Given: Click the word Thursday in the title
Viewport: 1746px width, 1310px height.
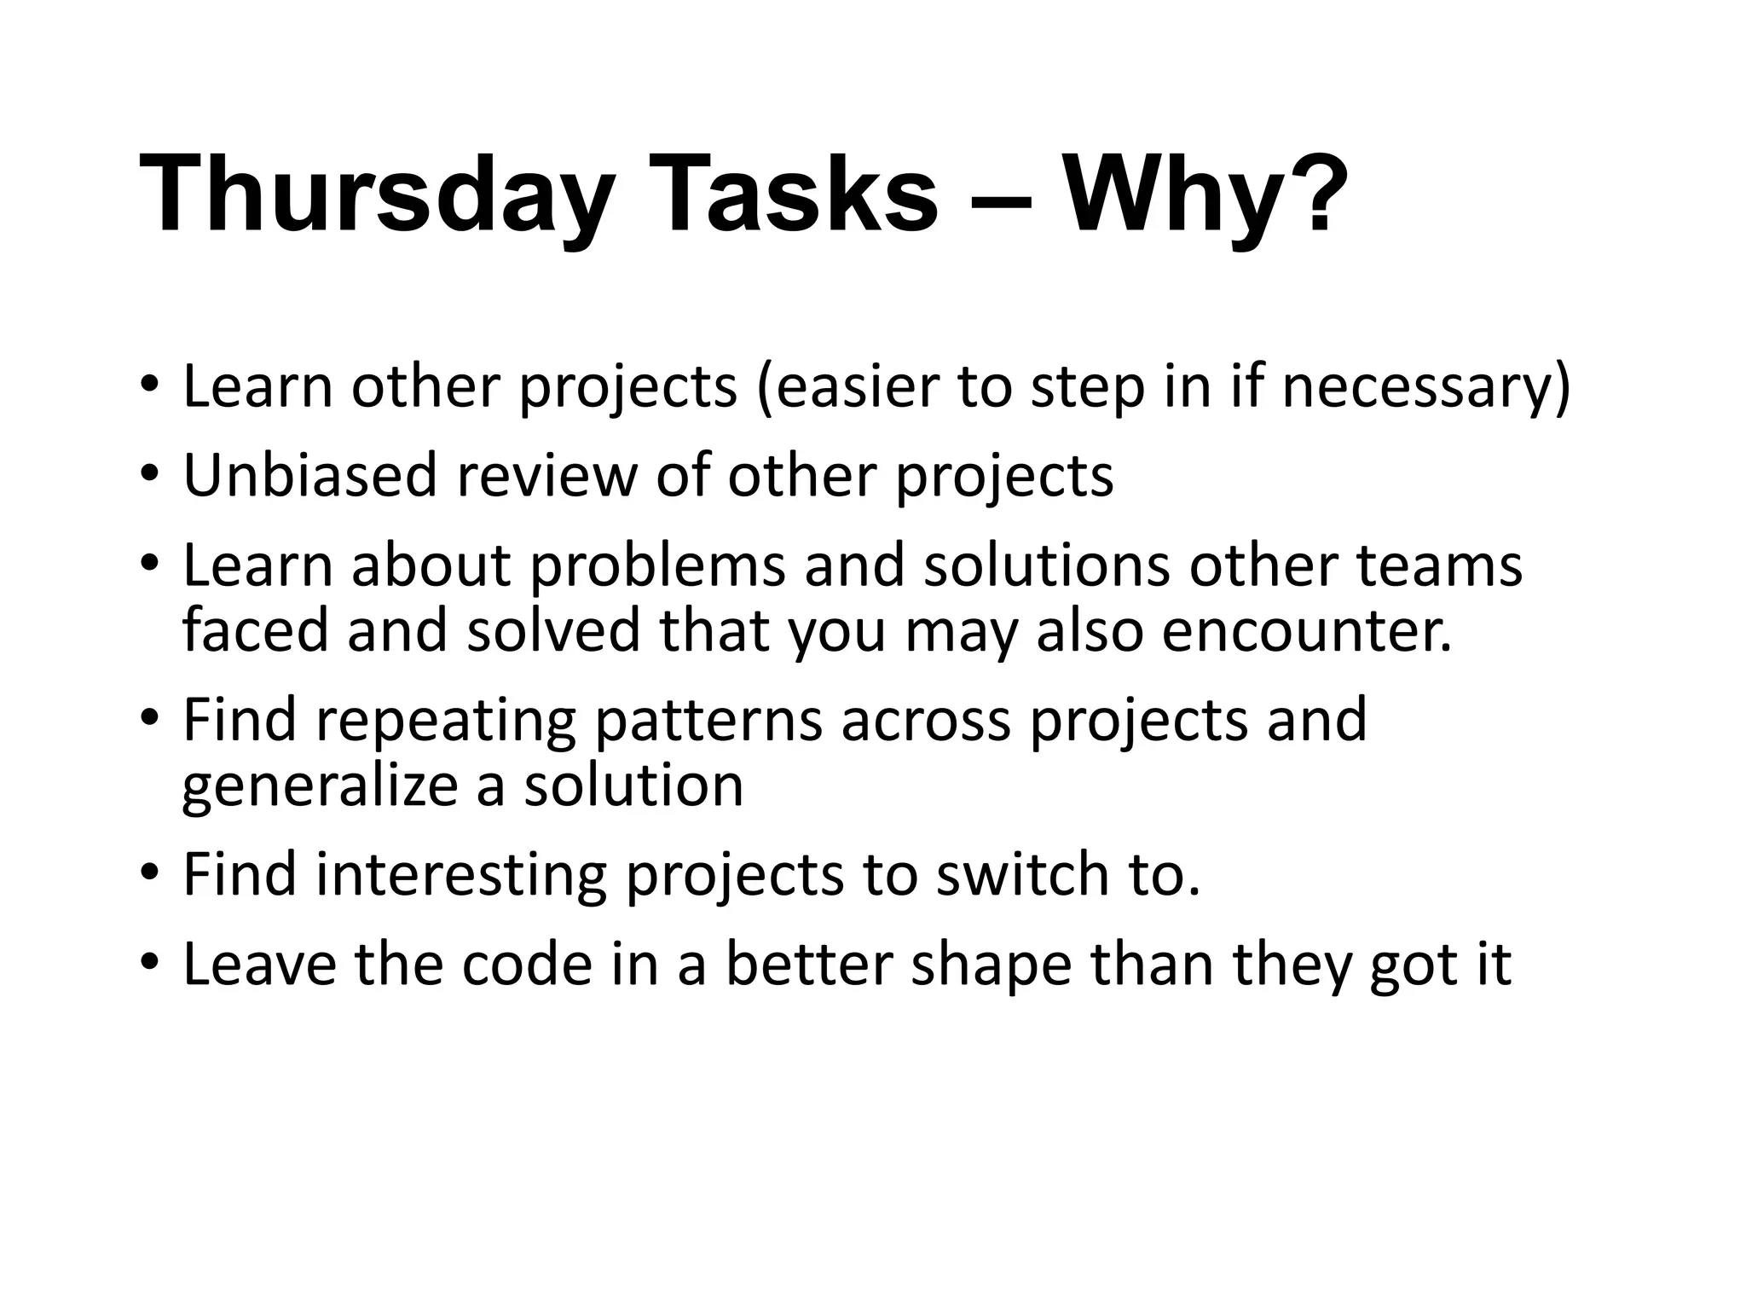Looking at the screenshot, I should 375,194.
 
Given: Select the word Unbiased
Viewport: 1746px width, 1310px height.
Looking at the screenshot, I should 310,475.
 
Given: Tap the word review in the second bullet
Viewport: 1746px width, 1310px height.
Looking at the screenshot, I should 546,475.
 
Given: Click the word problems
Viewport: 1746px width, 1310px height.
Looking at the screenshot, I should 656,567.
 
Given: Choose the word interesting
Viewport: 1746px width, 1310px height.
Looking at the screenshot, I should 460,877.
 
